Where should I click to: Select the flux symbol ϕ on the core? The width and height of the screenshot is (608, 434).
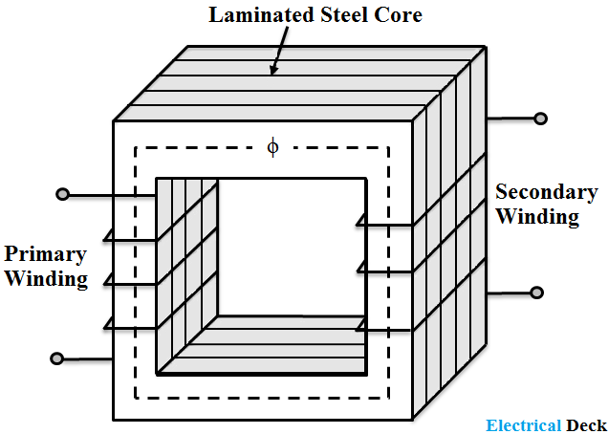tap(273, 146)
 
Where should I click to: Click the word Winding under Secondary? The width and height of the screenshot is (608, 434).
tap(537, 216)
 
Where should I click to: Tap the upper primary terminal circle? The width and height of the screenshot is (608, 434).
tap(63, 195)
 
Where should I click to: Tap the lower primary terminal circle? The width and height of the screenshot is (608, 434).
tap(57, 359)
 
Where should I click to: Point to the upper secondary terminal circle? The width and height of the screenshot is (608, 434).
tap(541, 119)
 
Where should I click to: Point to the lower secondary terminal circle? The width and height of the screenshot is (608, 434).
tap(538, 292)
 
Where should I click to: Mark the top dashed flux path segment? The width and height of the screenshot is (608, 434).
tap(210, 147)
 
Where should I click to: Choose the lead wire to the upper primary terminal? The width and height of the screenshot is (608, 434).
tap(110, 195)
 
